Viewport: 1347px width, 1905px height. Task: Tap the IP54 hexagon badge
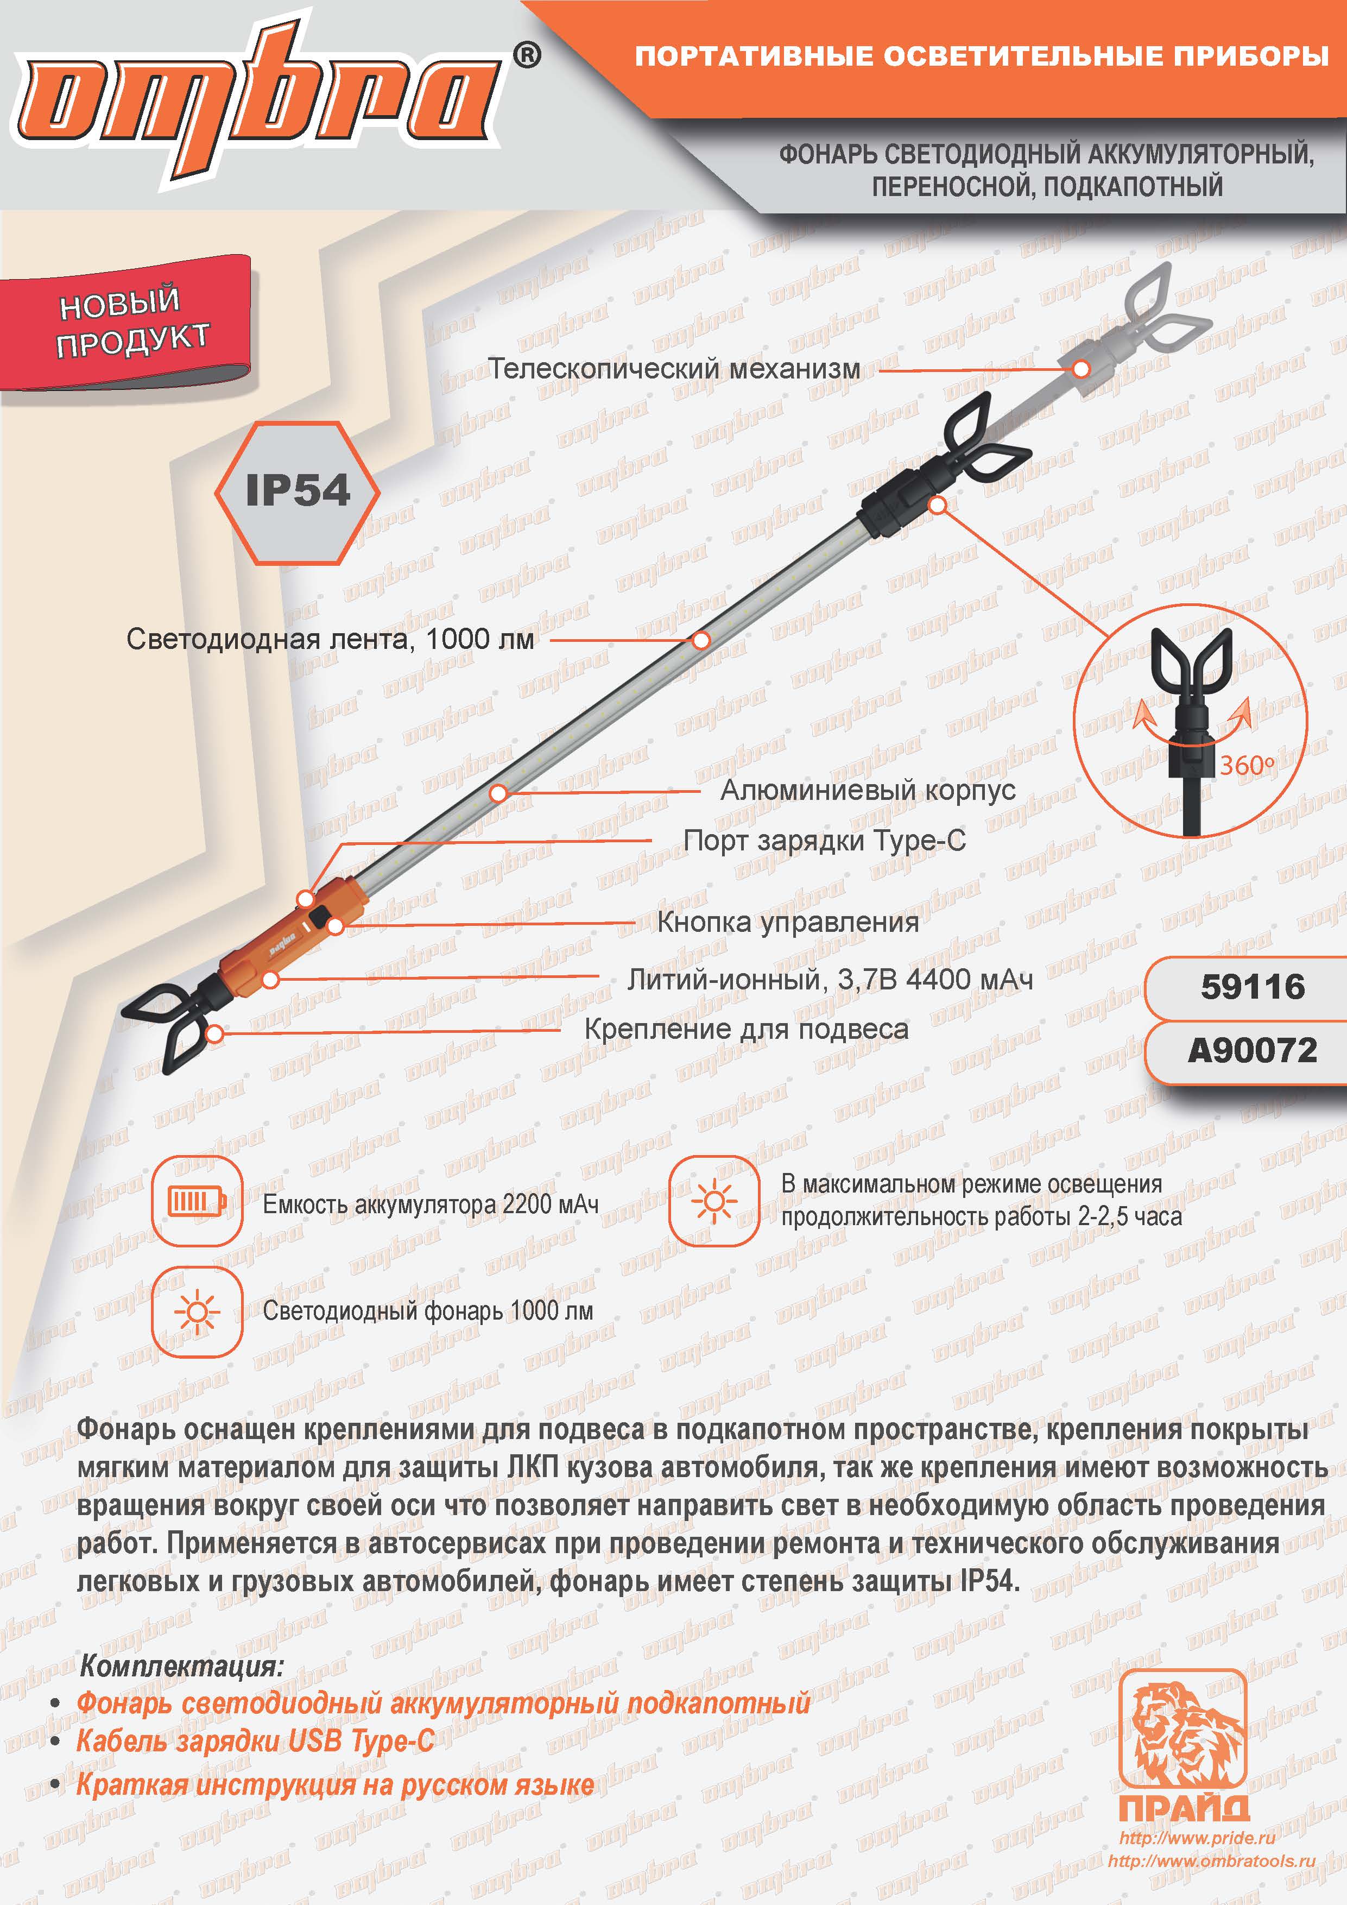pos(297,492)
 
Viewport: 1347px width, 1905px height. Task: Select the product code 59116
pos(1253,987)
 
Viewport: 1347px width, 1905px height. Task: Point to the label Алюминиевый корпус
pos(868,790)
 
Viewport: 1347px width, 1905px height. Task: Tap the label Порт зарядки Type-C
pos(825,841)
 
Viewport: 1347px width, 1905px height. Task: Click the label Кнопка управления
pos(788,922)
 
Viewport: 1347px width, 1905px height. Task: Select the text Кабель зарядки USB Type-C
pos(256,1740)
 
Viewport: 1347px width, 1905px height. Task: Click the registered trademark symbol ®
pos(528,55)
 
